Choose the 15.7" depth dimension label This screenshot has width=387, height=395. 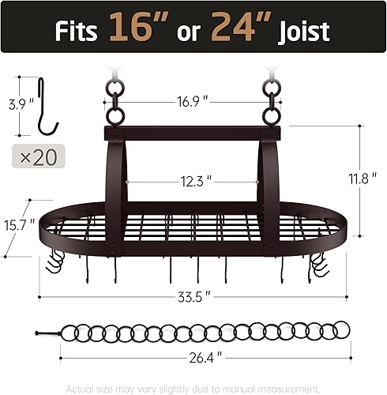click(x=17, y=224)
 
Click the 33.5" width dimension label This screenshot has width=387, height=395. click(x=194, y=297)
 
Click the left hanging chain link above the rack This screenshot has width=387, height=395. click(x=115, y=104)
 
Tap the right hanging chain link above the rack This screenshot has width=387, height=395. click(x=274, y=104)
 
